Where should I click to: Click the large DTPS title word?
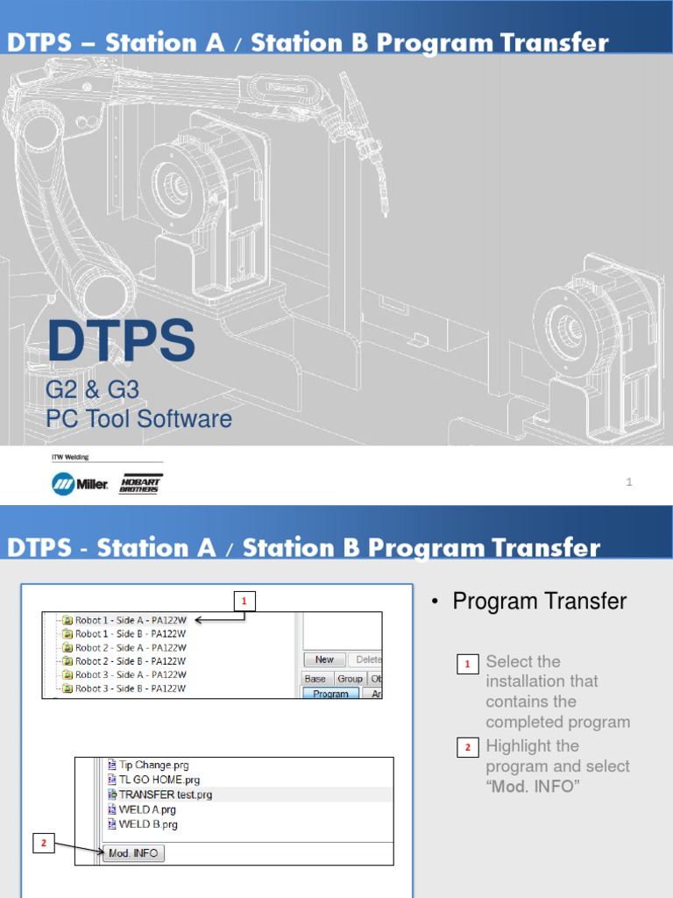tap(121, 342)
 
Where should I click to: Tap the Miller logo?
tap(80, 484)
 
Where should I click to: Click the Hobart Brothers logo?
tap(140, 484)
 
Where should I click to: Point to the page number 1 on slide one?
tap(629, 481)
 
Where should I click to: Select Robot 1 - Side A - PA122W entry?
tap(131, 620)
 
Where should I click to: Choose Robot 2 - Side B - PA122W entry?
tap(131, 661)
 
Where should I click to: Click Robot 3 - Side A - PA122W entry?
tap(131, 675)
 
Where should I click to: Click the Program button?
tap(330, 694)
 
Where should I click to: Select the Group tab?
tap(350, 679)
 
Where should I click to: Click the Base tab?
tap(315, 679)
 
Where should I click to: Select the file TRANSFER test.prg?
tap(165, 795)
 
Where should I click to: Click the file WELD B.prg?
tap(148, 824)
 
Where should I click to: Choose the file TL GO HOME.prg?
tap(159, 780)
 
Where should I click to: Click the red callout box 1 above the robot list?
tap(244, 601)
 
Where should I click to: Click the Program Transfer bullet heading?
tap(539, 601)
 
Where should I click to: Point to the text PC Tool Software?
tap(138, 419)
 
